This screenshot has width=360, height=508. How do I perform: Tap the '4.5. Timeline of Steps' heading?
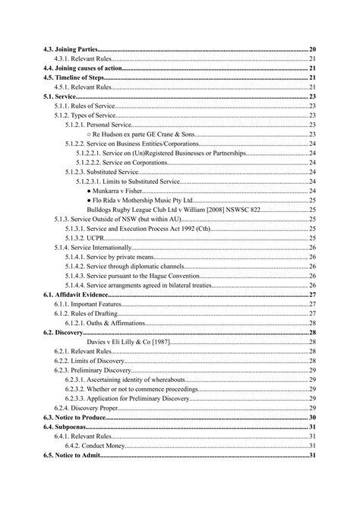coord(74,77)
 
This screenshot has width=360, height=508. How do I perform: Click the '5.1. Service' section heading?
coord(59,96)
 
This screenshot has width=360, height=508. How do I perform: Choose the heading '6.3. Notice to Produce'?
coord(76,417)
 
